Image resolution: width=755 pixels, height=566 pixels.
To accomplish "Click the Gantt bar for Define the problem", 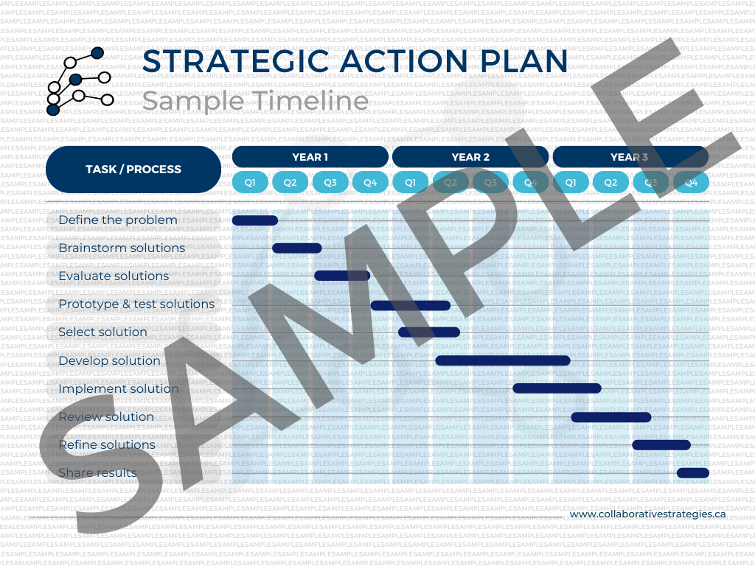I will point(254,220).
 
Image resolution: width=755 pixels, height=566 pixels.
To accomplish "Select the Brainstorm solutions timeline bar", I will point(296,248).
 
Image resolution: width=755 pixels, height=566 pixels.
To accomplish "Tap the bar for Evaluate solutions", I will point(341,276).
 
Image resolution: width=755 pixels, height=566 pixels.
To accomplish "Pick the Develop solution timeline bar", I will point(502,360).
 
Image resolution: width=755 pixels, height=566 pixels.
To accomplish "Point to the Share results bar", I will point(692,472).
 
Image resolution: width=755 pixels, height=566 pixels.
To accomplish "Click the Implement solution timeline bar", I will point(557,388).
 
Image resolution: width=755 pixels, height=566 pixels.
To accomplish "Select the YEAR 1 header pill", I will point(310,157).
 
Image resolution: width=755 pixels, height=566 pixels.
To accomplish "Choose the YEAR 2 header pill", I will point(470,157).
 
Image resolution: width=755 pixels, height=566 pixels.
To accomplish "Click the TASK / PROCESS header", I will point(133,170).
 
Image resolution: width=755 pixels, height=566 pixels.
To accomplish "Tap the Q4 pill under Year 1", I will point(370,182).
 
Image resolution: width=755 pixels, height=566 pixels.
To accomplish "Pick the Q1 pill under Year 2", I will point(411,182).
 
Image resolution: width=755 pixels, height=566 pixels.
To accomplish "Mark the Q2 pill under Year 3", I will point(610,182).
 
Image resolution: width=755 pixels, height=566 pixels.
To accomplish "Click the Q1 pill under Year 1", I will point(251,182).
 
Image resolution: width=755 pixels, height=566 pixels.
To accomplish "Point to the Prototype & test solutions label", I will point(136,304).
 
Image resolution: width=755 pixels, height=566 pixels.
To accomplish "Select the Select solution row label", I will point(102,332).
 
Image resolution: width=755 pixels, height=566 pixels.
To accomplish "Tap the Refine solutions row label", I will point(107,444).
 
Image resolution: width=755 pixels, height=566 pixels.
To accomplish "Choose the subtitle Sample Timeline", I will point(255,100).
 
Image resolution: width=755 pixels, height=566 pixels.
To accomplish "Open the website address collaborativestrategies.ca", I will point(648,514).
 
